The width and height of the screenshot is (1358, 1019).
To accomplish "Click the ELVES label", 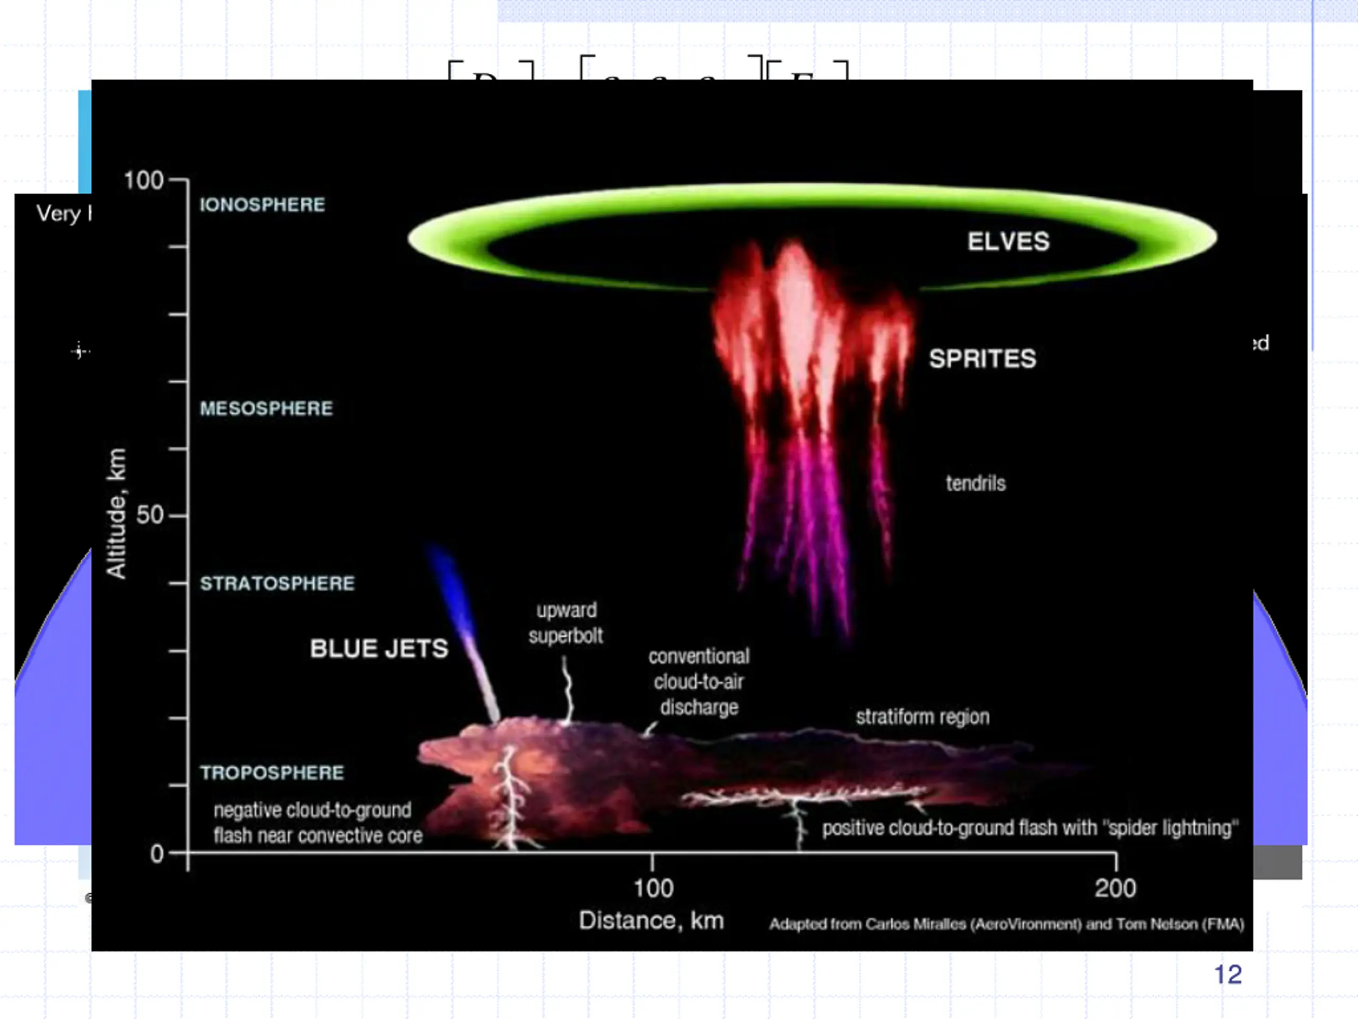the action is point(1008,241).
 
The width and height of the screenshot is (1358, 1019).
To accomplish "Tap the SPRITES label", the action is point(982,359).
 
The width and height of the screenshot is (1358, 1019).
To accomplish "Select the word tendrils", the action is point(976,483).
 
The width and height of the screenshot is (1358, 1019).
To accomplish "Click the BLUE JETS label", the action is point(379,649).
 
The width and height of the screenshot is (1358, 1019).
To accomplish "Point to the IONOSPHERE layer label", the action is point(262,204).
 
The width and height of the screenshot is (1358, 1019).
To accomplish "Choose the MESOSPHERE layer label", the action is point(266,409).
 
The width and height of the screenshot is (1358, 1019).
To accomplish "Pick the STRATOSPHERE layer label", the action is point(277,583).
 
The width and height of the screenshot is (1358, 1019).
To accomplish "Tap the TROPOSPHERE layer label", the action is point(272,773).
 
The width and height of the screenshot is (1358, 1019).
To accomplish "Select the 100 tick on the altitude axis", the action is point(144,180).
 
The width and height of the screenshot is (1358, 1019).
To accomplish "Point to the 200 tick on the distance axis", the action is point(1116,888).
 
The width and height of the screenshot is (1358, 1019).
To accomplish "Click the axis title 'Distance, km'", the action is point(651,921).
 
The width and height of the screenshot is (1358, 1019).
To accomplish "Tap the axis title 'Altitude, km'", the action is point(117,513).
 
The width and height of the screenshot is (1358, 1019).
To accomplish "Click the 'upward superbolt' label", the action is point(566,623).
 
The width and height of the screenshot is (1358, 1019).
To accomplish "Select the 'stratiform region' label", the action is point(922,717).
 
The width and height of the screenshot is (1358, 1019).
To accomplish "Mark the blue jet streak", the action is point(462,626).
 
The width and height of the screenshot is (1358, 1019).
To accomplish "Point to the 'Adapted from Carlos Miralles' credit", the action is point(1007,925).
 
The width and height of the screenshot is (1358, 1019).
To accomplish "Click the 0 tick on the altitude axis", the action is point(157,854).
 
